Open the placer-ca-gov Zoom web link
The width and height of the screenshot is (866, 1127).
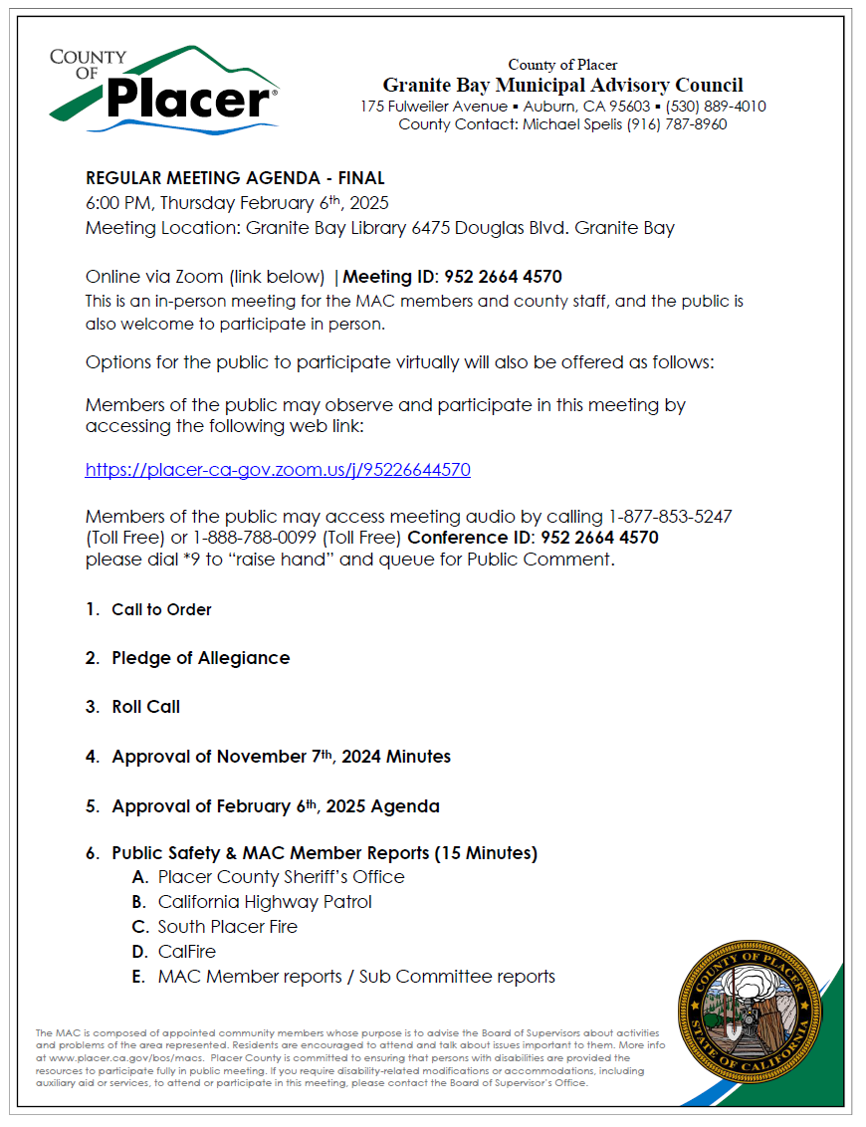tap(278, 470)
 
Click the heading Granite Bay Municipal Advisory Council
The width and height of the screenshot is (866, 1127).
tap(562, 86)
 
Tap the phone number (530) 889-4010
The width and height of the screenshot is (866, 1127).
tap(716, 107)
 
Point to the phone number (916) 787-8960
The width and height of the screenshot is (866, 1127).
tap(677, 124)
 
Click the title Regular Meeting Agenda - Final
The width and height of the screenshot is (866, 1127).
tap(235, 179)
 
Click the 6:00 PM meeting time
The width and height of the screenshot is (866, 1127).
tap(118, 203)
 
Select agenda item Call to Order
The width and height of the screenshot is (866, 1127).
tap(161, 609)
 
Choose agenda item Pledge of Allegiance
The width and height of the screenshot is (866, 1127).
tap(200, 658)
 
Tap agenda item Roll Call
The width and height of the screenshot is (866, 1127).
tap(145, 707)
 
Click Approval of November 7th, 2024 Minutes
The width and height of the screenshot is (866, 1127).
tap(281, 757)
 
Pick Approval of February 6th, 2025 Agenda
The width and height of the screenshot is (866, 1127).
tap(275, 806)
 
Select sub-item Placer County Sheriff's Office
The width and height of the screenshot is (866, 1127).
tap(281, 877)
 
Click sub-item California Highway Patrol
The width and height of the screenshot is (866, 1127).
tap(265, 902)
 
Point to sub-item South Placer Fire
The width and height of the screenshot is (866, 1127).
tap(227, 927)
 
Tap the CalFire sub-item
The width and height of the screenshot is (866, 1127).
tap(187, 952)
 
